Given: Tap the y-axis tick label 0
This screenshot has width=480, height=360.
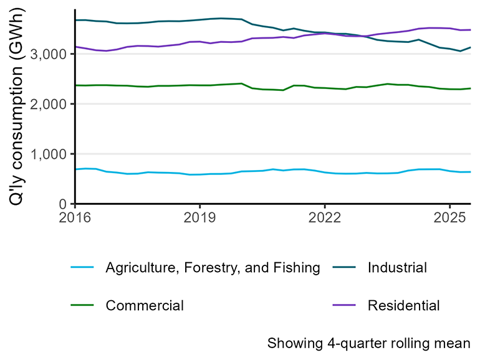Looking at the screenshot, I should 64,204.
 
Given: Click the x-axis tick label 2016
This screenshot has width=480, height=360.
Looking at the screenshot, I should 75,219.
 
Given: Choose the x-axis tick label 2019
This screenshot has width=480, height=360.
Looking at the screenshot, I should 199,219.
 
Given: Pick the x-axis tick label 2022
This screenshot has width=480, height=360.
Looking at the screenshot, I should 325,219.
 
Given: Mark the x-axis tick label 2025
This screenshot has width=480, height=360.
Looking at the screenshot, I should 450,219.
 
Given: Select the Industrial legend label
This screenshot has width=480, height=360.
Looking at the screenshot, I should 397,268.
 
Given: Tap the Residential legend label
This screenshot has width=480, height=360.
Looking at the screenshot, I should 403,305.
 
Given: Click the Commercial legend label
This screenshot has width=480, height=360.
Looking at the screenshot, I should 145,305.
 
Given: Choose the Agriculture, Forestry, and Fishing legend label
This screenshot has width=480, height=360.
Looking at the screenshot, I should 213,268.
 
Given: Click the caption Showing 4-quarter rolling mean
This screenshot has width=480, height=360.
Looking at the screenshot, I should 368,343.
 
